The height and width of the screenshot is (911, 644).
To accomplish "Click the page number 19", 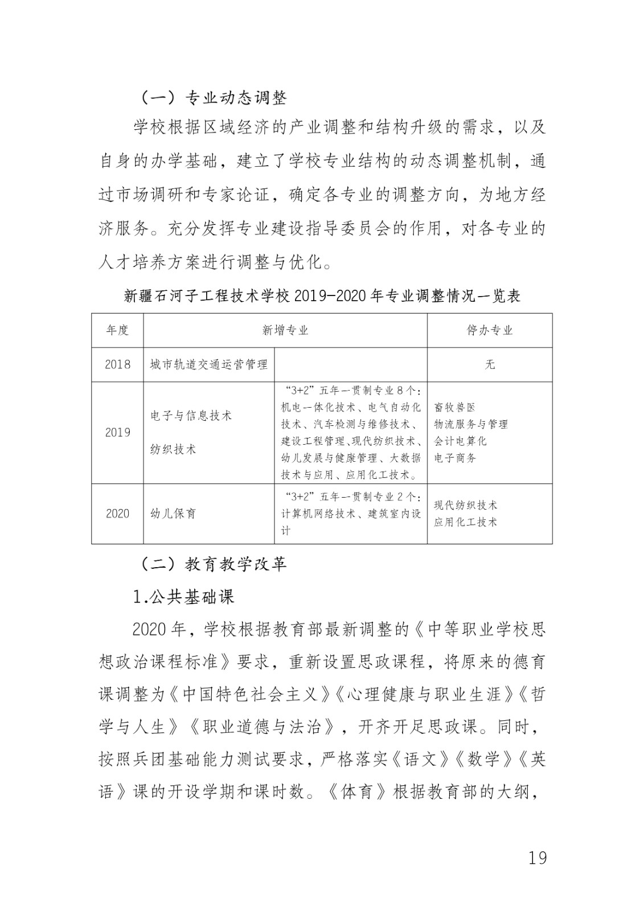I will tap(537, 857).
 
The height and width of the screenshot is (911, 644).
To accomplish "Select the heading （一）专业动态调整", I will tap(214, 97).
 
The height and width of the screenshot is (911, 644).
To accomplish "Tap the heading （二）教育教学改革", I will tap(214, 564).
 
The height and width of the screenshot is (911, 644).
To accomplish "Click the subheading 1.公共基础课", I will tap(183, 597).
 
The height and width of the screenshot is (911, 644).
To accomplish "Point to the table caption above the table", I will tap(322, 296).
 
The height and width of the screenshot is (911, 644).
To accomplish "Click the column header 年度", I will tap(117, 330).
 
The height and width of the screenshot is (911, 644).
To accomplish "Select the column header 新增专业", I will tap(285, 330).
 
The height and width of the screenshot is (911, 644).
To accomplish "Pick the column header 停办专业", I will tap(490, 330).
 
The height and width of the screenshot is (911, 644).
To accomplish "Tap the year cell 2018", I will tap(117, 364).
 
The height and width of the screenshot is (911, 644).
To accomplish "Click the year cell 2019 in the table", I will tap(117, 432).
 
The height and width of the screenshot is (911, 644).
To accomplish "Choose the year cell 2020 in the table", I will tap(117, 514).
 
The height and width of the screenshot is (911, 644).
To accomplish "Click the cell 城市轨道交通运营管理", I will tap(208, 364).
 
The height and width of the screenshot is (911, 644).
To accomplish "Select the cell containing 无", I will tap(490, 364).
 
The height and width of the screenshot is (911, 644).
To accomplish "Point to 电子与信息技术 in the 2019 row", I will tap(191, 416).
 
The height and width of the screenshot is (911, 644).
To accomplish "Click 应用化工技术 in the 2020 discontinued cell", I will tap(465, 522).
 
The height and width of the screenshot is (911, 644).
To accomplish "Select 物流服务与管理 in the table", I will tap(470, 424).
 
